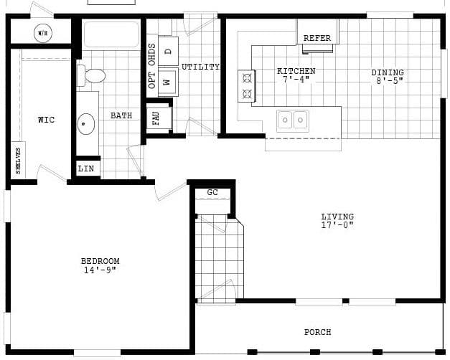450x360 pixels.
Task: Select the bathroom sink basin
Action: [87, 124]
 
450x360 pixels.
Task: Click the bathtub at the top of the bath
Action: [111, 34]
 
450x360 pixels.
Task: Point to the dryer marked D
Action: [168, 51]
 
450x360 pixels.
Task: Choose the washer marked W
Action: [168, 82]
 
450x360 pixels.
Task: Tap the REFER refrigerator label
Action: [317, 38]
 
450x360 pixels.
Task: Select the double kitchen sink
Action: [293, 120]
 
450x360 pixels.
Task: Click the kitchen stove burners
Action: [247, 85]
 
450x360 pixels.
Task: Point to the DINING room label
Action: [388, 72]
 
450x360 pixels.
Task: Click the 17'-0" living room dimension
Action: [337, 225]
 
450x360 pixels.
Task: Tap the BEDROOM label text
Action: [100, 261]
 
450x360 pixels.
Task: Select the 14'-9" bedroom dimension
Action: [100, 270]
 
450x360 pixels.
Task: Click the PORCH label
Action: [318, 332]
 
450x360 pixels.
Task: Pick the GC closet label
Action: [212, 192]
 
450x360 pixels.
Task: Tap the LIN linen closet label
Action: [86, 169]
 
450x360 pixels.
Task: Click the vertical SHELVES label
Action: [18, 159]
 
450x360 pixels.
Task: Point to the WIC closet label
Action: [46, 120]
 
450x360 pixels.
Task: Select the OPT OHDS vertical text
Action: [151, 66]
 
